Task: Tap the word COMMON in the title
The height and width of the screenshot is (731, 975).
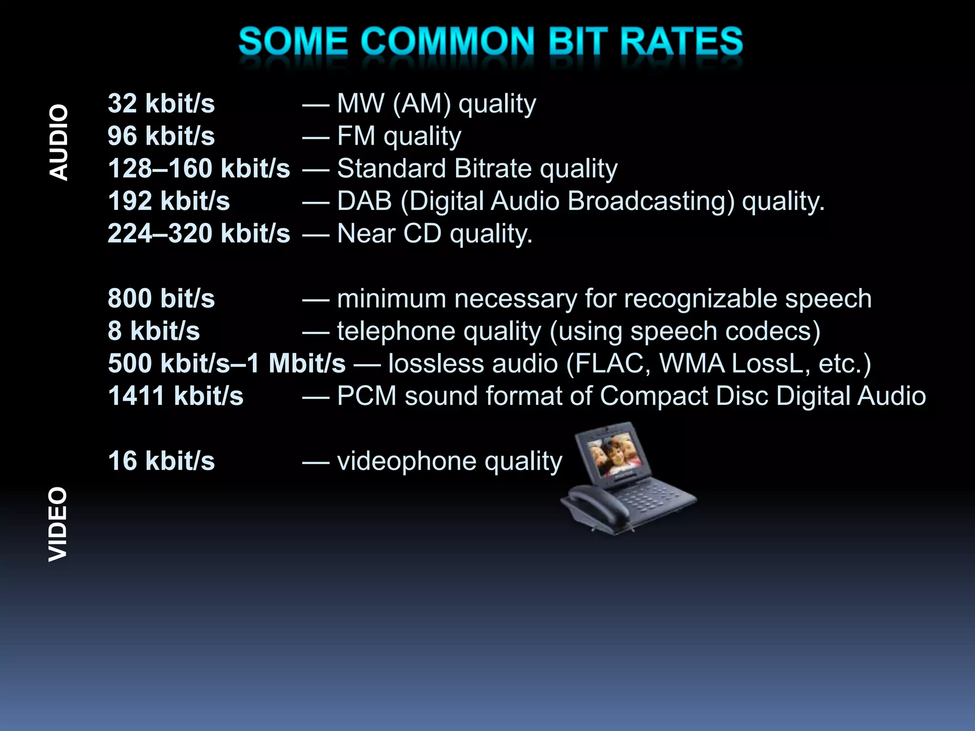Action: (450, 41)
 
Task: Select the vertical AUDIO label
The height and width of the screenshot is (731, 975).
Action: (59, 143)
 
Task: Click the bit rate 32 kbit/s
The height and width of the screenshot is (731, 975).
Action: (161, 103)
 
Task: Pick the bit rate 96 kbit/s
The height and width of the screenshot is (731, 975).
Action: (161, 136)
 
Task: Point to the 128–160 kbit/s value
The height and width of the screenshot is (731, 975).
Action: (199, 168)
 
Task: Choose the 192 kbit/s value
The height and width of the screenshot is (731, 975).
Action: (169, 201)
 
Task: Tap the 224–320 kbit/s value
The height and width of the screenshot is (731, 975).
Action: (199, 233)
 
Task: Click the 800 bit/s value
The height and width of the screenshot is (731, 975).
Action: (161, 298)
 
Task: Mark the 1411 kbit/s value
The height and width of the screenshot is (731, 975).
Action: (175, 396)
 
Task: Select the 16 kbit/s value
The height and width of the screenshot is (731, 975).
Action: (161, 461)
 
